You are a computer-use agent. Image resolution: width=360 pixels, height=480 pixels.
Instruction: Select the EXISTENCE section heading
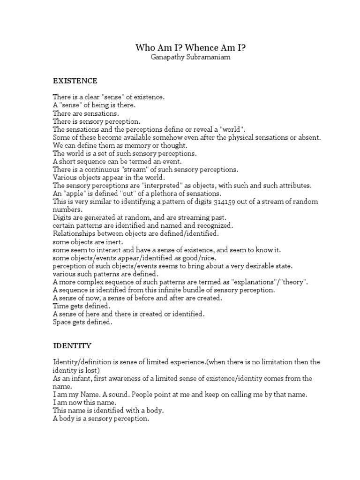(75, 81)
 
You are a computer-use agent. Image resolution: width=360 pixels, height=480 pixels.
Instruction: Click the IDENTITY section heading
(72, 346)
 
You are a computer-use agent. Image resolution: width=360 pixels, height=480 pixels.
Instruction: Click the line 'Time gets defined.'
(82, 306)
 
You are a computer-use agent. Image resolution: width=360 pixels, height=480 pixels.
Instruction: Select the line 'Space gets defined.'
(83, 322)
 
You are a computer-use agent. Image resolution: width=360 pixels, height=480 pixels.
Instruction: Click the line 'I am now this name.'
(84, 403)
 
